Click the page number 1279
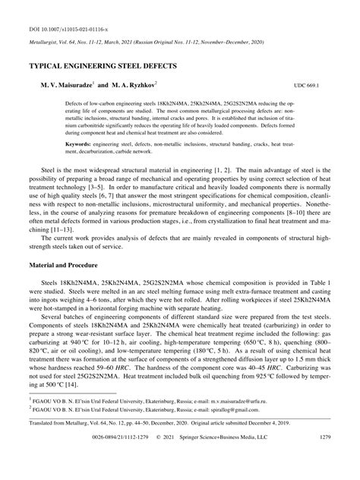323,458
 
